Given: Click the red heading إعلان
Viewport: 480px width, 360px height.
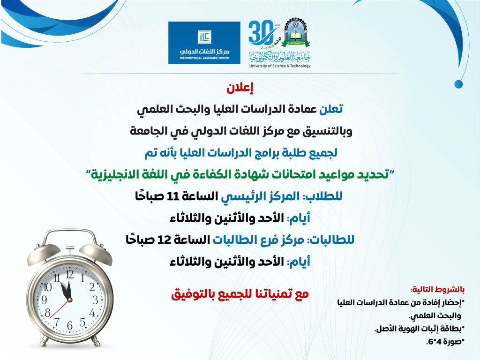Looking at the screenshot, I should (x=240, y=88).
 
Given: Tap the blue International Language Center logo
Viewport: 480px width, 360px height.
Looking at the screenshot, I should (x=204, y=43).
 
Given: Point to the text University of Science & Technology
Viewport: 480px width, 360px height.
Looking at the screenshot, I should (x=280, y=66).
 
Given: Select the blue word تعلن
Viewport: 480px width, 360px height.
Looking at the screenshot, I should (x=330, y=109).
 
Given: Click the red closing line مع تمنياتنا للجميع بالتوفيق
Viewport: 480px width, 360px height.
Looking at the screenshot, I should (x=240, y=294).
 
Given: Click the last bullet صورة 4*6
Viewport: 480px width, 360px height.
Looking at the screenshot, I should (x=444, y=342).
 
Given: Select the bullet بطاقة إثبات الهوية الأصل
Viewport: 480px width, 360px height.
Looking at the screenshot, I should (x=419, y=329).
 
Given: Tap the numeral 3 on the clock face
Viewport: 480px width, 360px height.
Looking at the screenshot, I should (x=95, y=300).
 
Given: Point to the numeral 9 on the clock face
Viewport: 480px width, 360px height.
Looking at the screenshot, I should (x=44, y=300).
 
